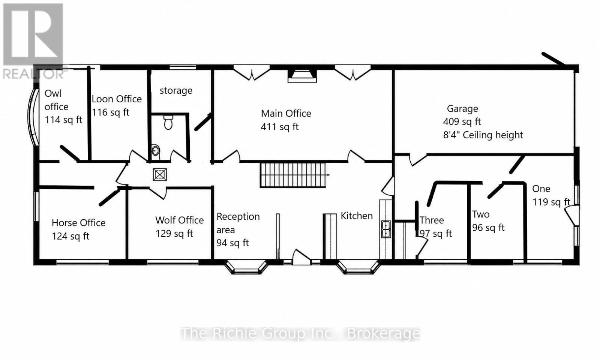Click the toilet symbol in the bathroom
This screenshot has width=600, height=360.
click(x=168, y=122)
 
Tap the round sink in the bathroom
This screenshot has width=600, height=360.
click(x=156, y=150)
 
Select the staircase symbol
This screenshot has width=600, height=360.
click(x=294, y=175)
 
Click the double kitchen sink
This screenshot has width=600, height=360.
click(x=386, y=229)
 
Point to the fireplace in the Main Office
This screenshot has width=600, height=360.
click(x=302, y=76)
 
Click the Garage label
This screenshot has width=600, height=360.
click(x=462, y=109)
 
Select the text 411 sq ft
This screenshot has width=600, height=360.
click(x=279, y=127)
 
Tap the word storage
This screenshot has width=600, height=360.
click(x=176, y=91)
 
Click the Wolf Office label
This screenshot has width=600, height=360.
click(x=180, y=220)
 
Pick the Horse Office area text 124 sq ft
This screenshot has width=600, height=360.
click(x=70, y=236)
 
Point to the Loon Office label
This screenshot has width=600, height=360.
click(x=117, y=99)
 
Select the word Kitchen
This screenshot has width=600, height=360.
click(x=357, y=216)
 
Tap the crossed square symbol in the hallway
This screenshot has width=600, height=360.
click(x=160, y=175)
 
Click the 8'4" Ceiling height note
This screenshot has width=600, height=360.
click(x=483, y=135)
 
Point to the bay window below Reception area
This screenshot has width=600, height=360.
click(x=246, y=267)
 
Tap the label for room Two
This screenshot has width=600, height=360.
click(x=480, y=214)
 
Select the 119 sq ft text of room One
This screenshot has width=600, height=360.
click(x=551, y=202)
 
